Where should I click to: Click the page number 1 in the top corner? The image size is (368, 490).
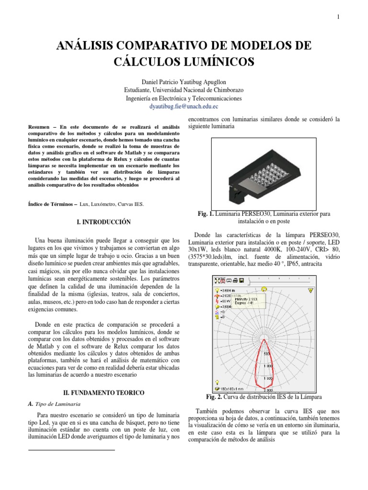click(338, 17)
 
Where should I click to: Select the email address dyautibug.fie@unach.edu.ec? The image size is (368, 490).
click(184, 107)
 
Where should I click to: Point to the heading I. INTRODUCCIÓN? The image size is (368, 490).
click(104, 222)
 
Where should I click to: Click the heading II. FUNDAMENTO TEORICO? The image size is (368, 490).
click(104, 393)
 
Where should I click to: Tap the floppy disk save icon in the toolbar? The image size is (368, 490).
click(242, 280)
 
